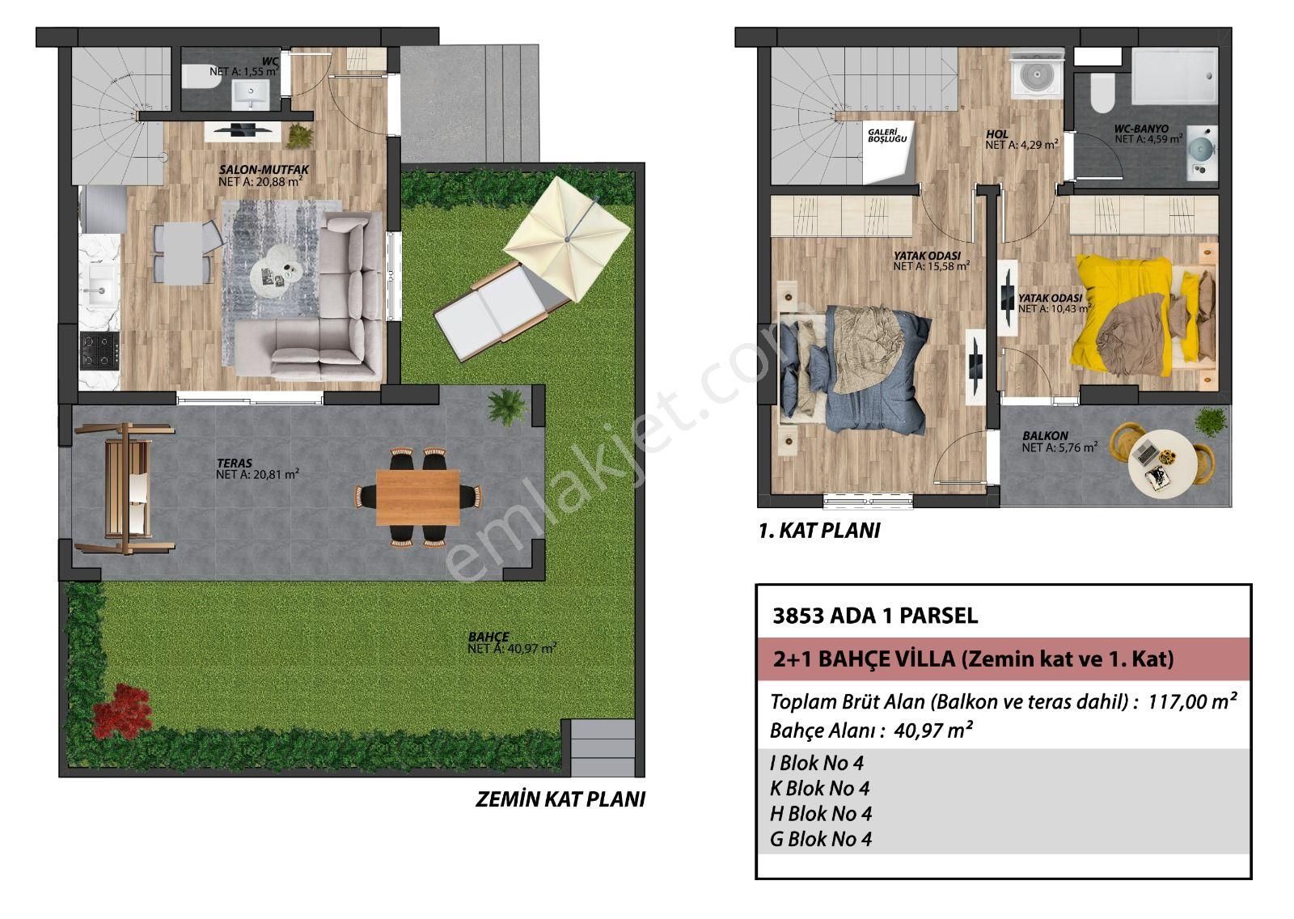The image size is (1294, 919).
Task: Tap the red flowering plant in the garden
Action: tap(123, 709)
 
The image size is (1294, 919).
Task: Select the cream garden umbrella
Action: tap(568, 238)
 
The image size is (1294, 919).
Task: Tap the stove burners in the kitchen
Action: tap(99, 350)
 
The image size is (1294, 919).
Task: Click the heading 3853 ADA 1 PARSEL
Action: tap(875, 616)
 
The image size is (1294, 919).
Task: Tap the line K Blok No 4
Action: tap(819, 788)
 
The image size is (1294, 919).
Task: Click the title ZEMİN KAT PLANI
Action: tap(560, 800)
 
